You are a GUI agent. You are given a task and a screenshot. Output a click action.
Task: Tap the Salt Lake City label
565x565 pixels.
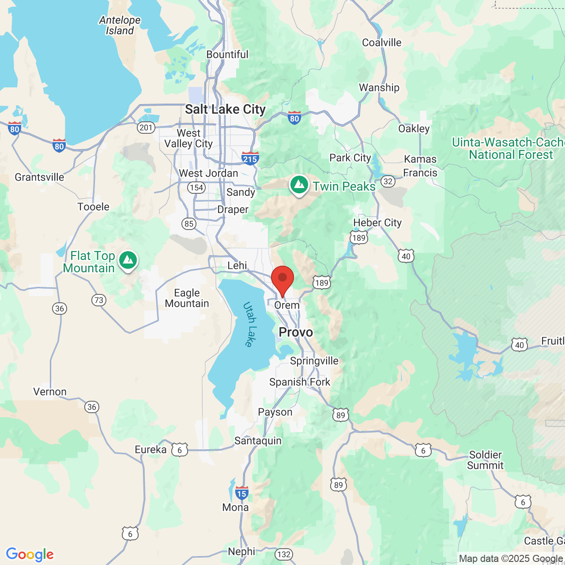(225, 109)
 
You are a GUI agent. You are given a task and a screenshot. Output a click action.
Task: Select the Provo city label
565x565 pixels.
(296, 332)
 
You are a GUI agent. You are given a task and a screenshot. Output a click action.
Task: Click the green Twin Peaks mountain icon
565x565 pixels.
(299, 185)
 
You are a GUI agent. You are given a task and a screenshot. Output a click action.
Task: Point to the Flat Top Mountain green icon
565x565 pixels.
(128, 260)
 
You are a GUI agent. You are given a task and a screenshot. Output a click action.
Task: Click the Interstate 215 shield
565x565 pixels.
(250, 158)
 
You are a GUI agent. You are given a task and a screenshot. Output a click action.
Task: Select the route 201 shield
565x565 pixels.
(146, 128)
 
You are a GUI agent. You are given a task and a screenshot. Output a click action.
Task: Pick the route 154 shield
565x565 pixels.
(196, 188)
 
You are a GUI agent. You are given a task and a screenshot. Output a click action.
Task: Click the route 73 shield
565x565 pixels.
(99, 300)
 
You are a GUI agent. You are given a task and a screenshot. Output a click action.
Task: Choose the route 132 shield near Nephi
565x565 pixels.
(284, 554)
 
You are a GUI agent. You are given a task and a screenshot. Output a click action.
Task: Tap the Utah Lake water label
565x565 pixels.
(250, 324)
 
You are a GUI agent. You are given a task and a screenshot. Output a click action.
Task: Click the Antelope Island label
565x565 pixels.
(120, 26)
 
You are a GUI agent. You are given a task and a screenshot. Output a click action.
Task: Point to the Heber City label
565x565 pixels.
(377, 222)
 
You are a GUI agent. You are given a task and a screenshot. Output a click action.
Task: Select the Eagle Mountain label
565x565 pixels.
(187, 298)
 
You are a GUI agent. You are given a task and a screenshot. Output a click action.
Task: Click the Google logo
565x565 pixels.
(30, 554)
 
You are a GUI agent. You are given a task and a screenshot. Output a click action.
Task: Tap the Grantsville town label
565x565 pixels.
(39, 177)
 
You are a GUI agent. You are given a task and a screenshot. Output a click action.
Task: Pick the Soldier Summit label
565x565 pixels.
(485, 460)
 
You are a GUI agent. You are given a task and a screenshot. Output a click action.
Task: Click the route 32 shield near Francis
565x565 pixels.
(388, 181)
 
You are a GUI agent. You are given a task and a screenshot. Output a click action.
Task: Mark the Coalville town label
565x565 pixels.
(382, 42)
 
